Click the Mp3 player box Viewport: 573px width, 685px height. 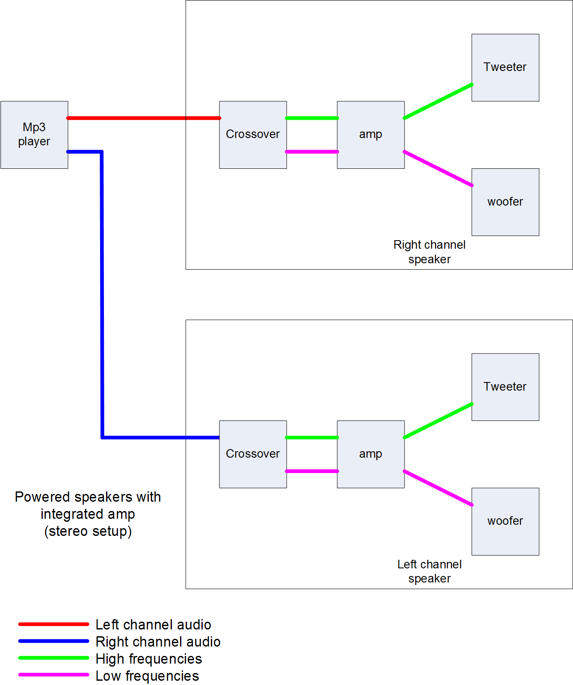[x=34, y=135]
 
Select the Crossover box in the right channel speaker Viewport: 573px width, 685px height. [x=253, y=135]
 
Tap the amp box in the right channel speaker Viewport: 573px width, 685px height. [x=370, y=135]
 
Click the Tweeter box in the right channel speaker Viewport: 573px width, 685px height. [x=505, y=68]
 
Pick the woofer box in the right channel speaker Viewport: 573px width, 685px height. [x=505, y=202]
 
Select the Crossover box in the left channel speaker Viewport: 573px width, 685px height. [x=253, y=454]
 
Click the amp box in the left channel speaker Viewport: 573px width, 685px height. [x=370, y=454]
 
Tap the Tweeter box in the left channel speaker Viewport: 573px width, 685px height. [x=505, y=387]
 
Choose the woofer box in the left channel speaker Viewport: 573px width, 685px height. [x=505, y=521]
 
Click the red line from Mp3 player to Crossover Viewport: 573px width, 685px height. [x=143, y=118]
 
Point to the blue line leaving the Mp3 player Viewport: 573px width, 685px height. [x=102, y=295]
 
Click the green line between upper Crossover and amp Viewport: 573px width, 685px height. [x=312, y=118]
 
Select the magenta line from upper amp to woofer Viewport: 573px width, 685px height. [x=438, y=168]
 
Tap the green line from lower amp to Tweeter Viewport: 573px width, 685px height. [x=438, y=420]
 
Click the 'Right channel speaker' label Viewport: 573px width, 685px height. [x=429, y=252]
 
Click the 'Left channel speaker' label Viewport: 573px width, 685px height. [x=429, y=571]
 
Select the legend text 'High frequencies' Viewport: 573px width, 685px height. [x=148, y=659]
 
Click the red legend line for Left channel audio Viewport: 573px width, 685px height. [x=53, y=624]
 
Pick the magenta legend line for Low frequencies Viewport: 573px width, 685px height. [x=53, y=675]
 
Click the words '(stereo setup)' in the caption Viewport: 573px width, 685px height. [x=88, y=531]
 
